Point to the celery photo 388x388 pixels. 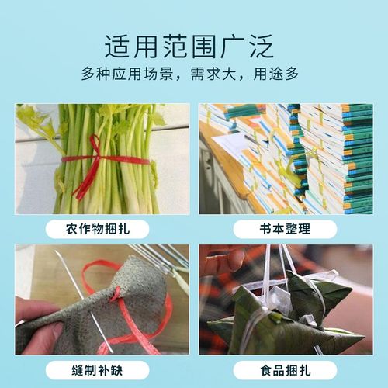pyautogui.click(x=102, y=158)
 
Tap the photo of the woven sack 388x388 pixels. pyautogui.click(x=102, y=299)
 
